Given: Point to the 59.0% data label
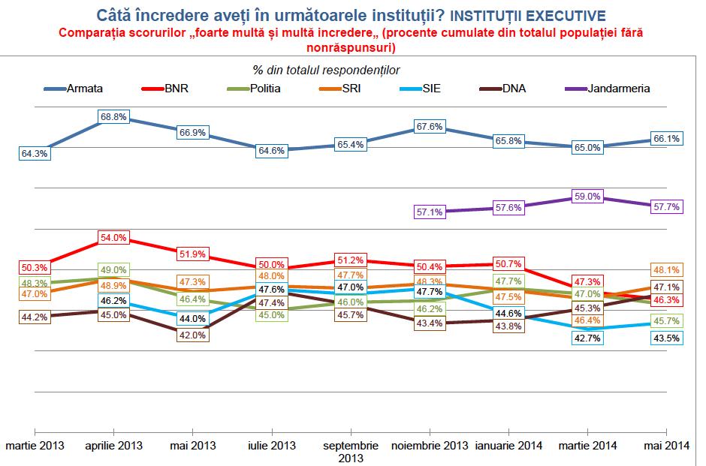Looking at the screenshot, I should (587, 197).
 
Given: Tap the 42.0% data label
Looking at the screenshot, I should (192, 335).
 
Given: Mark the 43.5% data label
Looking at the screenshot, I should (667, 338).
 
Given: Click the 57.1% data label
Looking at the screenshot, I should (430, 212).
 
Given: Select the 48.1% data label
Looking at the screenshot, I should (667, 269).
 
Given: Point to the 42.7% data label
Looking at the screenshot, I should (587, 338).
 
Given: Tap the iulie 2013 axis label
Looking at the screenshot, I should (271, 446).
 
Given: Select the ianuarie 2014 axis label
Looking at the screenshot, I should (508, 446).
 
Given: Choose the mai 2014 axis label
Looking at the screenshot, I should (666, 446).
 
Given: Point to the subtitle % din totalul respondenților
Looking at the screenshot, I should (327, 70).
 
